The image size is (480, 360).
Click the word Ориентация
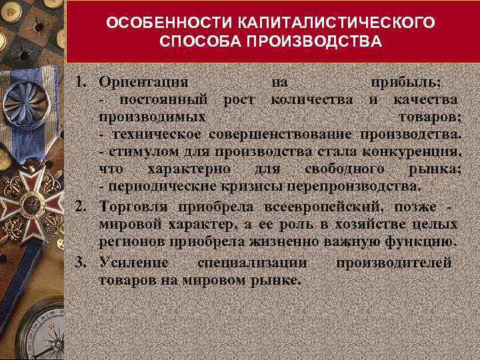point(143,83)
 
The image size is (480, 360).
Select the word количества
point(311,100)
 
